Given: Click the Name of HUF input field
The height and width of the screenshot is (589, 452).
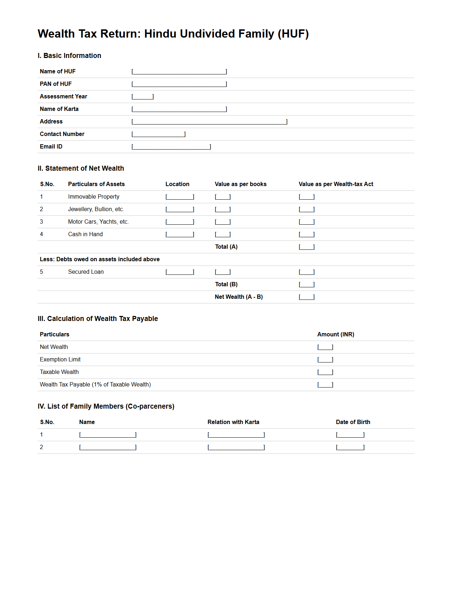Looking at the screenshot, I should point(179,72).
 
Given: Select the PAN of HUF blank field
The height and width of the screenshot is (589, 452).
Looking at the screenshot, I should point(179,84).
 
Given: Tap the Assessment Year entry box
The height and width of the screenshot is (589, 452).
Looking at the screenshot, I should point(142,97).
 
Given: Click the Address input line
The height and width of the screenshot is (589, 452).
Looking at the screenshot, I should point(209,122).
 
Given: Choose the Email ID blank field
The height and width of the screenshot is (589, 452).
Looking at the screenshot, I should point(171,147).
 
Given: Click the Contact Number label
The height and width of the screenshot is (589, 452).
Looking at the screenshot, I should point(62,134).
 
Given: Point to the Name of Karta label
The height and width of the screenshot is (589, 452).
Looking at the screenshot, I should point(59,109).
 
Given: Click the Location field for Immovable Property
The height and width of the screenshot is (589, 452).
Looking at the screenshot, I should point(180,197).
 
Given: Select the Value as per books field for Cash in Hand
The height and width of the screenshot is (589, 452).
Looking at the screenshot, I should point(223,234).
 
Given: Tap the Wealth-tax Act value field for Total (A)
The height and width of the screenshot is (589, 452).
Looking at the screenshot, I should point(307,247).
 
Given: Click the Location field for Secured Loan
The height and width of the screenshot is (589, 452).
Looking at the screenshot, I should point(180,272).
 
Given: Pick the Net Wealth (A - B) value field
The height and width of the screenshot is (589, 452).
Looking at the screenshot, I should point(307,297).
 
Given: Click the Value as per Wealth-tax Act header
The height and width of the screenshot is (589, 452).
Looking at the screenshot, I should point(336,184).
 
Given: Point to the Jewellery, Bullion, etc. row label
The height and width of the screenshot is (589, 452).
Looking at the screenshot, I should point(96,209).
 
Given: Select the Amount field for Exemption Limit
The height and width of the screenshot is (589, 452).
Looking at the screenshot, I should point(325,360).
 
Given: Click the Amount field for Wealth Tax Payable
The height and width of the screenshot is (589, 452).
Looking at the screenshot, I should point(325,385).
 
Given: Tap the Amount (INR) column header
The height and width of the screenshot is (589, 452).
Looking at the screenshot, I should point(335,335).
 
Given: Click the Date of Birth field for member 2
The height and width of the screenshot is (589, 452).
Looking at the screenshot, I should point(350,447).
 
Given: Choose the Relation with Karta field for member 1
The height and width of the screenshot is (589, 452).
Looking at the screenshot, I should point(236,435).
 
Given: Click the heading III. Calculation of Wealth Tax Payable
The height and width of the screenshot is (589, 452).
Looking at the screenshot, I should point(98,319).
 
